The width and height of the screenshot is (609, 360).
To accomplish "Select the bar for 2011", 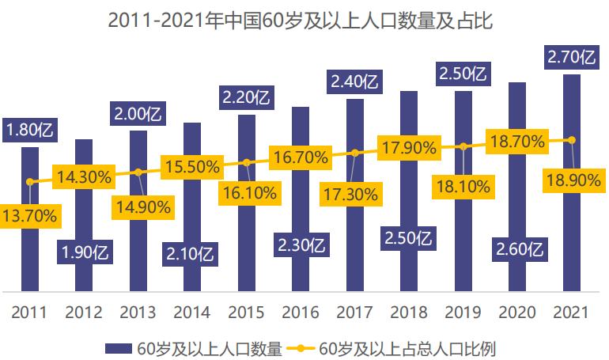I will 30,237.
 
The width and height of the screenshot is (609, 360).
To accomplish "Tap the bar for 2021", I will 572,237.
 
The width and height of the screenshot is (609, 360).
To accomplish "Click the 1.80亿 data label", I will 31,128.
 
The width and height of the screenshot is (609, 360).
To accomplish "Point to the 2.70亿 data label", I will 572,56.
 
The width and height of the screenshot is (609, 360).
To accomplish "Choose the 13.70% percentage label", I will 31,214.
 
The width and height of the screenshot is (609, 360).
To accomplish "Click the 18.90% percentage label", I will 573,181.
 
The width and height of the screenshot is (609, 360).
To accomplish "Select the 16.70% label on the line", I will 301,157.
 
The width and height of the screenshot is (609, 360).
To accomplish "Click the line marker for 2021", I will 572,141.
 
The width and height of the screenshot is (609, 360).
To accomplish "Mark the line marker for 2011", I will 30,182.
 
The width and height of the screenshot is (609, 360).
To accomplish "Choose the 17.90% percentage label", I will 409,147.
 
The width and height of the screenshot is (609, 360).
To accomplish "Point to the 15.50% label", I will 192,166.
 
